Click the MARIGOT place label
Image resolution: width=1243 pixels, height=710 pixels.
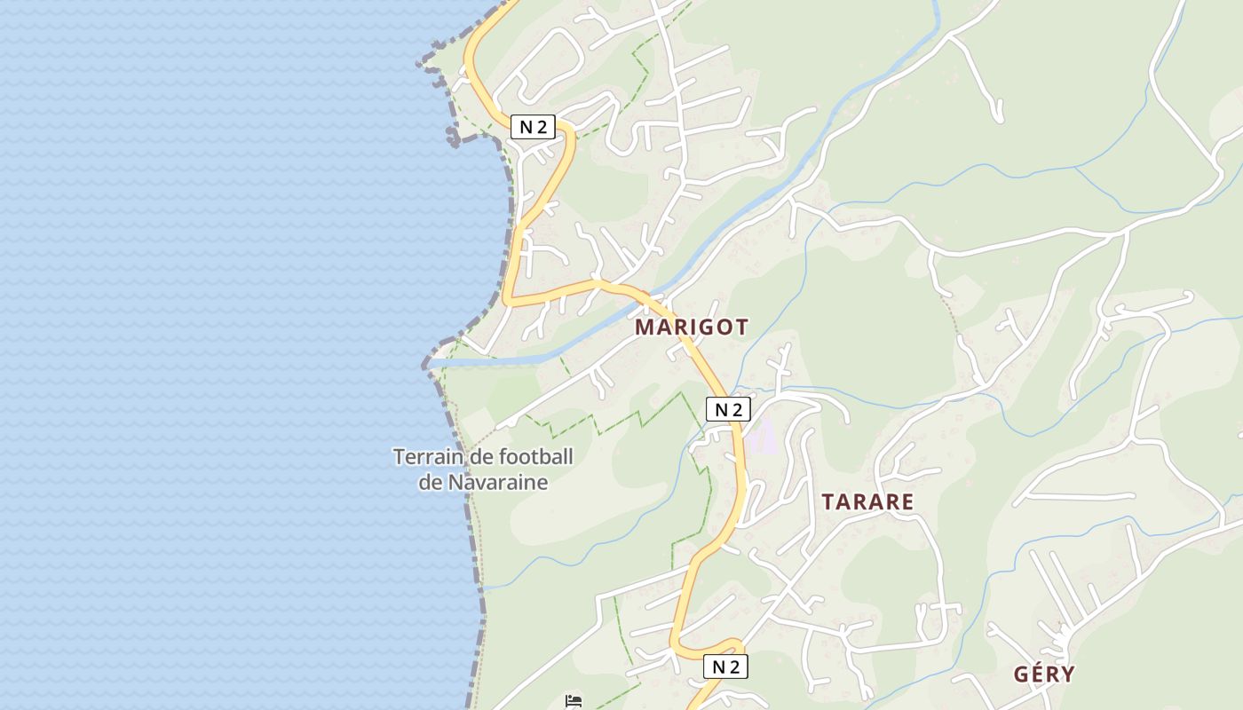coord(691,327)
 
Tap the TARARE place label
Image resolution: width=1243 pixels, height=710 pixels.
coord(867,501)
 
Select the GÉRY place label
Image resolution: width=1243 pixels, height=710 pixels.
coord(1044,674)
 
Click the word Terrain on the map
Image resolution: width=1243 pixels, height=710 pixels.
coord(422,458)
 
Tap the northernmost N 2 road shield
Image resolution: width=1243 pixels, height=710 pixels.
coord(533,127)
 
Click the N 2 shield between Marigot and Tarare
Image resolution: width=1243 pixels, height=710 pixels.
coord(728,409)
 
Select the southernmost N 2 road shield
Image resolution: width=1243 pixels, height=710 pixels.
coord(725,667)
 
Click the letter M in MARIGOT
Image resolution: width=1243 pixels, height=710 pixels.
coord(644,327)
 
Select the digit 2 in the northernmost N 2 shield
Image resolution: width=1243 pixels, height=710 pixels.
coord(541,127)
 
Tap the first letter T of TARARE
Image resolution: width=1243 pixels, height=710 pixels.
coord(827,501)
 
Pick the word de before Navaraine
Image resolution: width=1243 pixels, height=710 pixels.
coord(430,483)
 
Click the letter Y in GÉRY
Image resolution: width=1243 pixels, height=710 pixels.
coord(1067,674)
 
